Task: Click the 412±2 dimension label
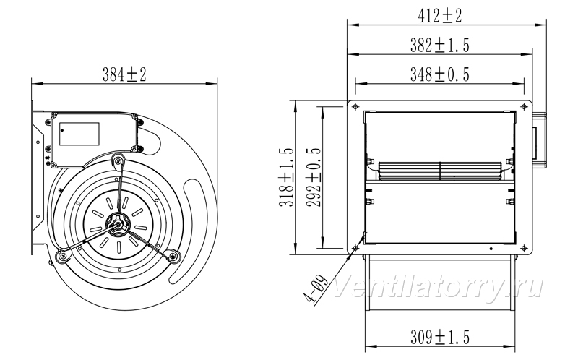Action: pyautogui.click(x=440, y=16)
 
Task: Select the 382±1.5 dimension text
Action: pyautogui.click(x=440, y=46)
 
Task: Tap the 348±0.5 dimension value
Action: pyautogui.click(x=440, y=74)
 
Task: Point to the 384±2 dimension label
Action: pyautogui.click(x=124, y=74)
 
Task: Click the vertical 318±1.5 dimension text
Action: pyautogui.click(x=287, y=177)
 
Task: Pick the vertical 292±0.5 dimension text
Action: pyautogui.click(x=314, y=177)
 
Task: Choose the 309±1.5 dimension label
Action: pyautogui.click(x=440, y=338)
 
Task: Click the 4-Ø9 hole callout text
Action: pyautogui.click(x=316, y=290)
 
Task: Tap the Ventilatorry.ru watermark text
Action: pyautogui.click(x=439, y=286)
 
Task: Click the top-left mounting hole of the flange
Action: pyautogui.click(x=355, y=106)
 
